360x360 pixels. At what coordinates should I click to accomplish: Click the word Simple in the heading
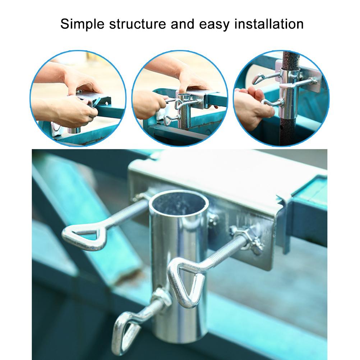click(82, 24)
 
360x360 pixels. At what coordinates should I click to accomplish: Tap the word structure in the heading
click(138, 24)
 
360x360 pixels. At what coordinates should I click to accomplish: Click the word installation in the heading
click(269, 24)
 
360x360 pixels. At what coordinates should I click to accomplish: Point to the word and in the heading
click(183, 24)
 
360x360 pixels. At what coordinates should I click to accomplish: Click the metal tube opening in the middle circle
click(184, 95)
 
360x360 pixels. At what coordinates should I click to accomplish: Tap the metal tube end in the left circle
click(74, 130)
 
